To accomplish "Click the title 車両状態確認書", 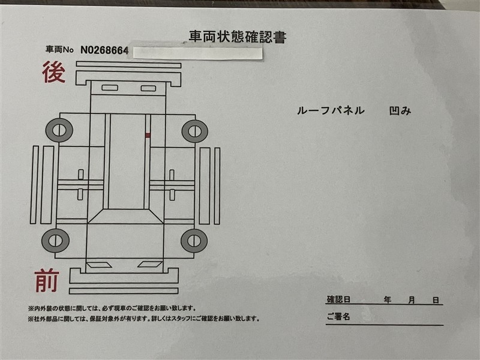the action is tap(238, 37).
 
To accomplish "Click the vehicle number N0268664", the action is tap(104, 50).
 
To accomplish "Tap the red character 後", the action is tap(54, 72).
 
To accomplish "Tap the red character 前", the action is tap(47, 280).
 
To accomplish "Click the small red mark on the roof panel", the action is tap(148, 135).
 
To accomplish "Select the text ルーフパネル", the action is tap(331, 110).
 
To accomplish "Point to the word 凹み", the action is tap(400, 110).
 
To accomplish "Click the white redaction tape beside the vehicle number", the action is tap(198, 53).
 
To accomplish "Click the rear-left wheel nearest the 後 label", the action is tap(59, 130).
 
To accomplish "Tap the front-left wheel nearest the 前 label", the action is tap(55, 241).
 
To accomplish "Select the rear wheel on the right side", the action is tap(194, 131).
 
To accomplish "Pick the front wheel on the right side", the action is tap(194, 241).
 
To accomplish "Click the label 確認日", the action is tap(338, 299).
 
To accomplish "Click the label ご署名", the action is tap(338, 316).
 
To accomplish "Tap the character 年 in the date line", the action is tap(388, 299).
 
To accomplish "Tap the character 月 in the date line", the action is tap(412, 300).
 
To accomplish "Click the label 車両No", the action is tap(59, 49).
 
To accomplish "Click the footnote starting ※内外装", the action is tap(112, 308).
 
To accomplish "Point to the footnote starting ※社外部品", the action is tap(144, 319).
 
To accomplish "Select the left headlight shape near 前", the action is tap(99, 265).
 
